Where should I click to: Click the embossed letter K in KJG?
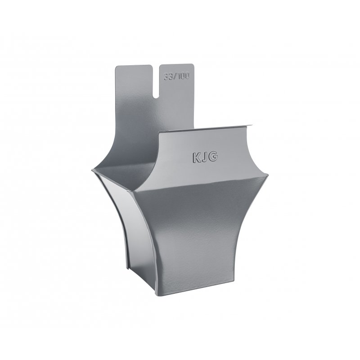point(196,158)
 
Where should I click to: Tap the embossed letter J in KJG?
point(204,157)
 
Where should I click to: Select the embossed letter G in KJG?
point(213,157)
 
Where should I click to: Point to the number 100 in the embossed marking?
point(183,76)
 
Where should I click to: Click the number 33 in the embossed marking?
point(168,76)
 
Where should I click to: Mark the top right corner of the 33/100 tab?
point(193,64)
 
